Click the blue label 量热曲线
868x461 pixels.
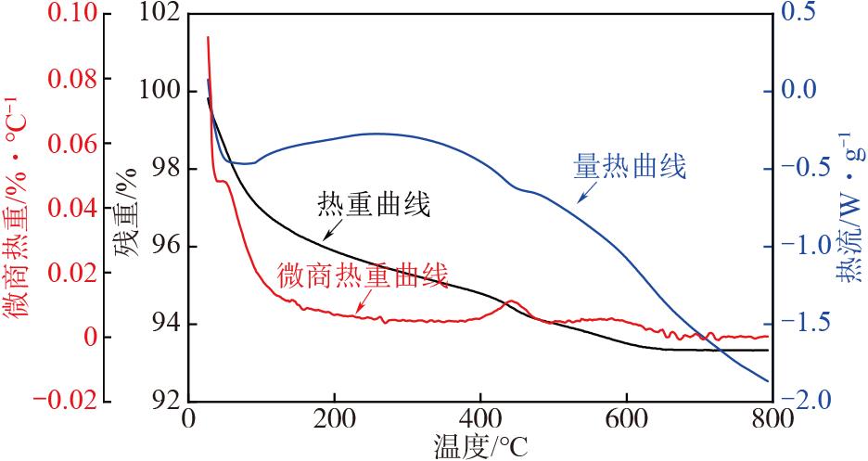[x=630, y=168]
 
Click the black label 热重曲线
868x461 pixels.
[x=374, y=204]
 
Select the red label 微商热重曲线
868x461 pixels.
[x=363, y=275]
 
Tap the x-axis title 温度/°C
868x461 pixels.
[x=482, y=446]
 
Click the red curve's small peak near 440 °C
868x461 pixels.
[x=509, y=301]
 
